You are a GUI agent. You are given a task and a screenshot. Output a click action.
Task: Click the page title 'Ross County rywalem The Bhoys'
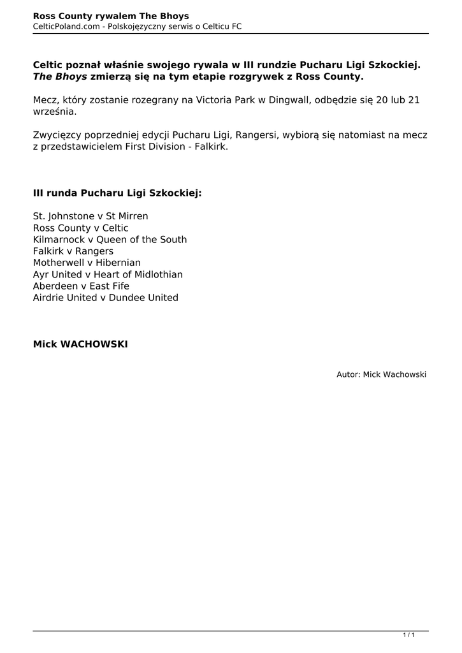click(111, 16)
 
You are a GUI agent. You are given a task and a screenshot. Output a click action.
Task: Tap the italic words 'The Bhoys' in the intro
click(60, 77)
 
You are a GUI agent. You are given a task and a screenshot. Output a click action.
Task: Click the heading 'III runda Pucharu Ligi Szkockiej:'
click(117, 193)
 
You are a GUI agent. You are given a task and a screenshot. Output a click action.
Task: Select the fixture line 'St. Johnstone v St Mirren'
click(90, 216)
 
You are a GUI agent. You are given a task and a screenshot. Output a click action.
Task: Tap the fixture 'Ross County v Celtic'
click(80, 228)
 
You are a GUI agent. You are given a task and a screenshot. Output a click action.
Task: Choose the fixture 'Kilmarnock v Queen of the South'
click(110, 240)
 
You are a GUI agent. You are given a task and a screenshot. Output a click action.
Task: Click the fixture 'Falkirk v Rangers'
click(73, 251)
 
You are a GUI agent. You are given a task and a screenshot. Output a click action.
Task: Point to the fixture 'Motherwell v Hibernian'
click(87, 263)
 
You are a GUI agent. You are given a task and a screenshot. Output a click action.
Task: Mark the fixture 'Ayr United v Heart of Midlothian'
click(108, 274)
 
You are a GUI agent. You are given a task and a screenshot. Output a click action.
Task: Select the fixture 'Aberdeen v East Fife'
click(81, 286)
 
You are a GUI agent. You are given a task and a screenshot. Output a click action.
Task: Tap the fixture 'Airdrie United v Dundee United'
click(106, 298)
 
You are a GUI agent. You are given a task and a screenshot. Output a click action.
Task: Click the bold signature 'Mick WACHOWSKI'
click(80, 344)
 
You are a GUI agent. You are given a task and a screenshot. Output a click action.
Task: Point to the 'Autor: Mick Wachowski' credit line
click(381, 374)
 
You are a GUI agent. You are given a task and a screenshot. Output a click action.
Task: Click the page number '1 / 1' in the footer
click(408, 635)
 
